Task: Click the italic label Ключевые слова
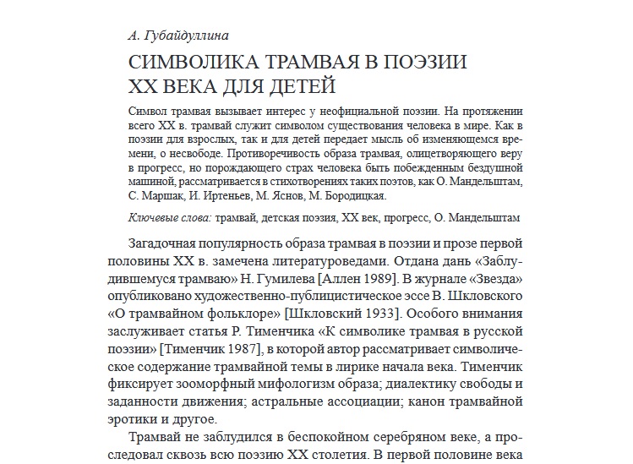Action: (x=169, y=217)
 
